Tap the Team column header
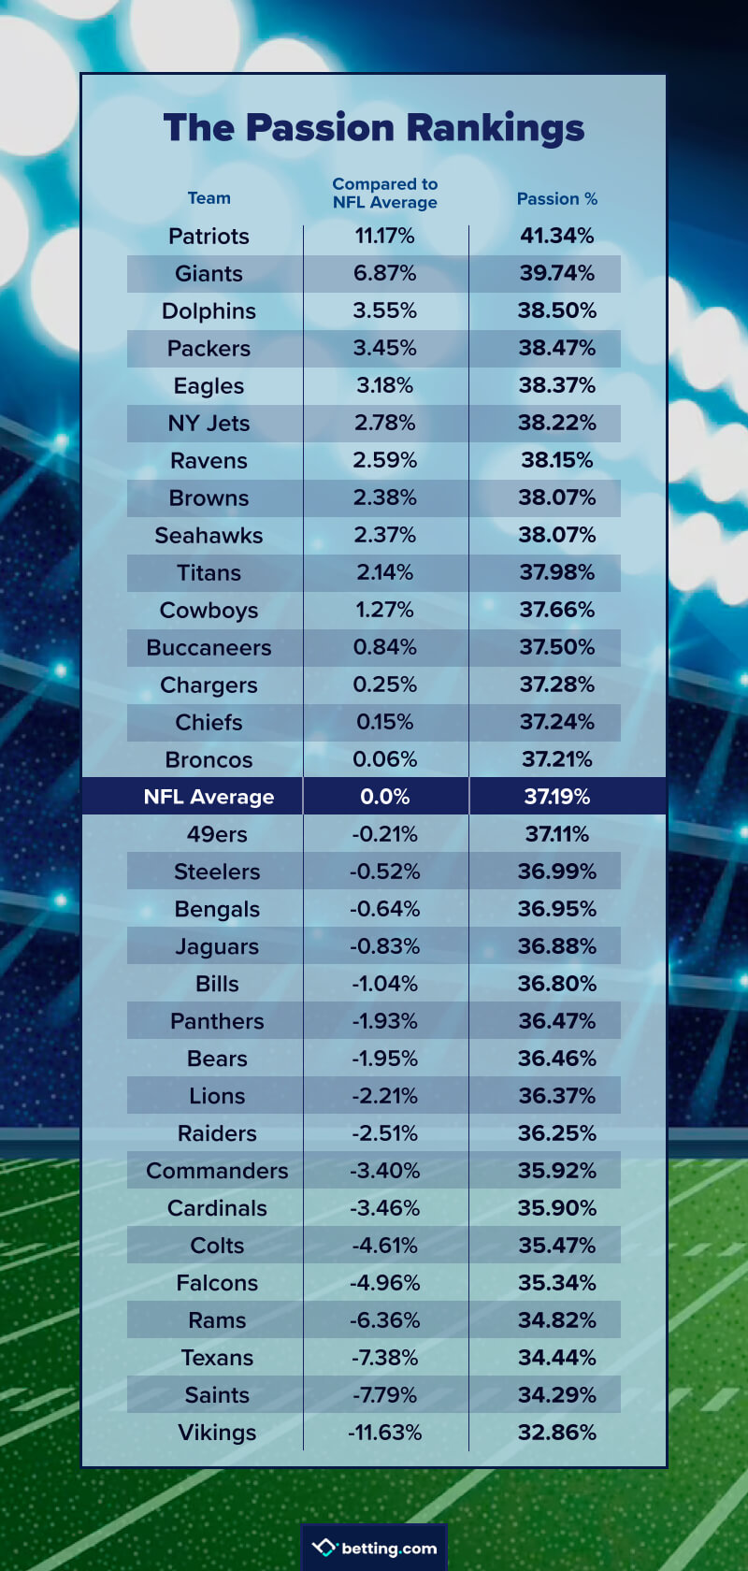click(209, 198)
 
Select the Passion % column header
click(556, 199)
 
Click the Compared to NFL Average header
click(384, 194)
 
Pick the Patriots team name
click(209, 237)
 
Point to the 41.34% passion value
click(556, 236)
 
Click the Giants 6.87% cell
click(384, 273)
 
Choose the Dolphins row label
click(209, 311)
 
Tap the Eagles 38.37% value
click(556, 385)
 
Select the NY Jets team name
click(209, 424)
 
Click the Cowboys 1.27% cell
click(384, 610)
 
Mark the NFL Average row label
click(209, 797)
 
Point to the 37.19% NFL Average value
click(556, 797)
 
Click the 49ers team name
click(217, 834)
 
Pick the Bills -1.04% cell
click(384, 984)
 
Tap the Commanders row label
click(217, 1171)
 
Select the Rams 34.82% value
click(556, 1320)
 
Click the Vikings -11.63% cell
click(384, 1433)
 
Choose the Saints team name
click(217, 1395)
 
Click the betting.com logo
click(375, 1548)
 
